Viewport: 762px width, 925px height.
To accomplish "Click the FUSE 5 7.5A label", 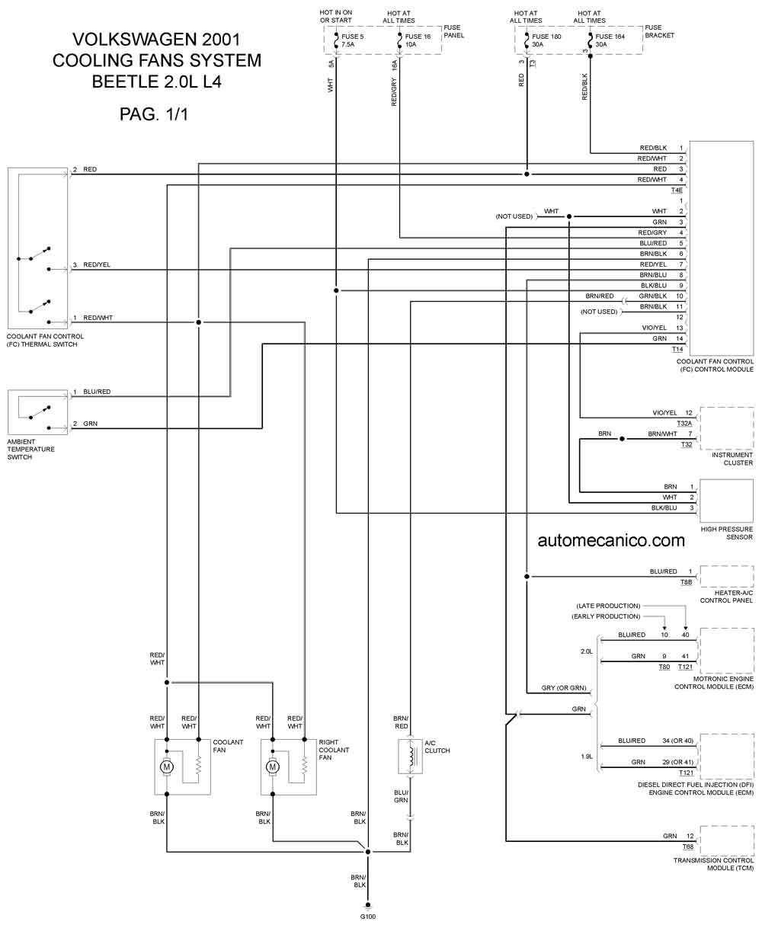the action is point(353,40).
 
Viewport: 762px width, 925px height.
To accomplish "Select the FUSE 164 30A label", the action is point(610,40).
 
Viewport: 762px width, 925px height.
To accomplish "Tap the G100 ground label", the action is point(368,917).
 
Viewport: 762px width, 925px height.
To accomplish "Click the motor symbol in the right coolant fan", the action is point(273,767).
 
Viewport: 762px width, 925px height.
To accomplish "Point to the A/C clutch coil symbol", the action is point(411,757).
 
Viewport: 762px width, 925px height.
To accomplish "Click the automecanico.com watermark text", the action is point(611,540).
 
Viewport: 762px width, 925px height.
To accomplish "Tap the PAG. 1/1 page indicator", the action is point(154,114).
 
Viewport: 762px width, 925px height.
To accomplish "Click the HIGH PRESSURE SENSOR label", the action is point(726,533).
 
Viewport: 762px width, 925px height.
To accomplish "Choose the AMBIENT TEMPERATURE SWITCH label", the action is point(30,450).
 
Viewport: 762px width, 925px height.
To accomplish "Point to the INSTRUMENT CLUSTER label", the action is point(732,459).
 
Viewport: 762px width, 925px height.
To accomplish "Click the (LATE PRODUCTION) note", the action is point(608,606).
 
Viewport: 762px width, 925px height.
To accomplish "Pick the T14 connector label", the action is point(677,349).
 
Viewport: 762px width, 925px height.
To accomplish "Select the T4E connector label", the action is point(677,190).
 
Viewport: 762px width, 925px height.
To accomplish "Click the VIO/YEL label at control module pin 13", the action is point(654,328).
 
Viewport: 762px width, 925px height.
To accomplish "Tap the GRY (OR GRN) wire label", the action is point(564,688).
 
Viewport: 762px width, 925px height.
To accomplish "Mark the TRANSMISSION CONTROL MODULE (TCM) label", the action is point(713,864).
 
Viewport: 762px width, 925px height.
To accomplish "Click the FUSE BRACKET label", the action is point(659,31).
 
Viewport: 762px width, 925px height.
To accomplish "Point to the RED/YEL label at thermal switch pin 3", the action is point(97,264).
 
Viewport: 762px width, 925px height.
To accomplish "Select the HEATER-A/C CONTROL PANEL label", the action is point(726,597).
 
